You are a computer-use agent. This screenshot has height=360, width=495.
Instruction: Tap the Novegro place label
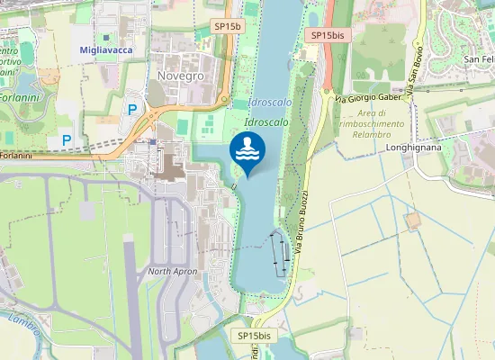tap(180, 76)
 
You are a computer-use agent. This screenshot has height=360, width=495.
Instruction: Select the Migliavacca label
tap(105, 50)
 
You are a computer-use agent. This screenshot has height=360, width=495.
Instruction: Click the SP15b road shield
tap(229, 27)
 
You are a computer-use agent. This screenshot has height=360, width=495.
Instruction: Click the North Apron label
tap(172, 271)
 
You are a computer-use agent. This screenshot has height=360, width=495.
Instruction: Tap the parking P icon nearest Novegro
tap(132, 110)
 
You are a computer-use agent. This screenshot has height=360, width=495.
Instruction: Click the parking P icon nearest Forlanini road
tap(66, 140)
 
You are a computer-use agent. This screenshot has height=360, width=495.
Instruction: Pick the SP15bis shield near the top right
tap(328, 35)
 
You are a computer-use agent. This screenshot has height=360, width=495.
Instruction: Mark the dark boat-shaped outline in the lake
tap(280, 252)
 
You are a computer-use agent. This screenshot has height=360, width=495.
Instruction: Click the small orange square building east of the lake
tap(413, 220)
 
